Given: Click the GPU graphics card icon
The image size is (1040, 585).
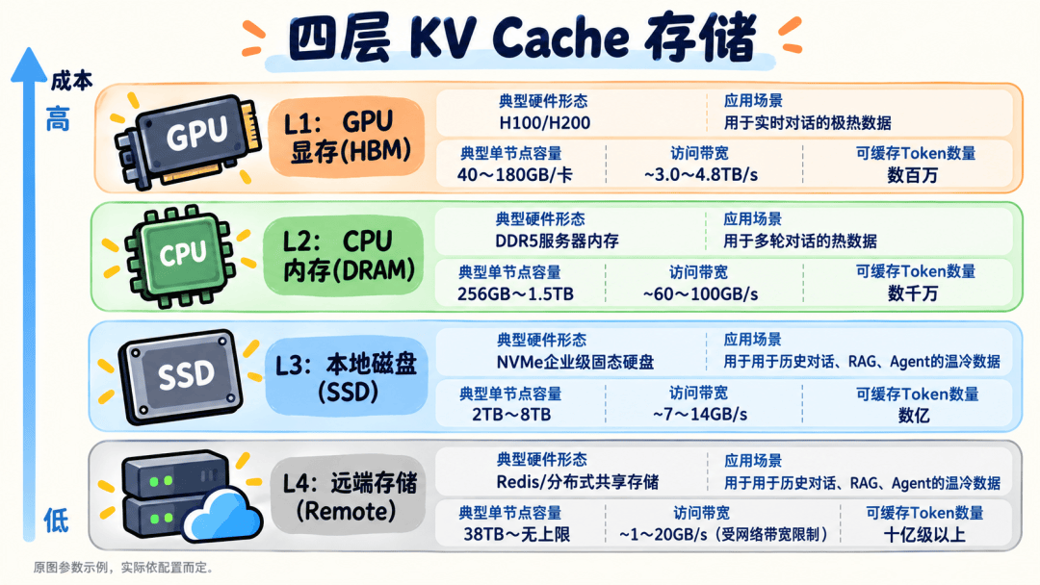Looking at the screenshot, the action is tap(188, 140).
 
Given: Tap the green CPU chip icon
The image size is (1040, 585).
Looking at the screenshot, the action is tap(181, 256).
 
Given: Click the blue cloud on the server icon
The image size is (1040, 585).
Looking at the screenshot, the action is tap(221, 516).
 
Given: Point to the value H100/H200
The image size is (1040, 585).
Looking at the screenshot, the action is tap(544, 122).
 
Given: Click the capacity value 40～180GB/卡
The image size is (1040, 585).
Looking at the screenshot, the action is tap(514, 175).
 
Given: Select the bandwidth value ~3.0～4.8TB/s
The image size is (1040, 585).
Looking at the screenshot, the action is tap(700, 175).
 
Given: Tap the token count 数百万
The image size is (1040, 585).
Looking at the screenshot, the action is tap(913, 175).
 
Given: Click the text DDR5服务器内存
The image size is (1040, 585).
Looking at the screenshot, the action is tap(558, 242).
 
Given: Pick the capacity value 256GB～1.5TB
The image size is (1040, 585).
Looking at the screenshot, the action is tap(515, 294).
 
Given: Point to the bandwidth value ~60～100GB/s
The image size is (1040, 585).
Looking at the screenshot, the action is tap(700, 294).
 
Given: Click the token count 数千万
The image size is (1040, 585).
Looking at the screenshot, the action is tap(913, 293).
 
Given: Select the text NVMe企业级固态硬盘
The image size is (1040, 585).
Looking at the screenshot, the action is tap(575, 363).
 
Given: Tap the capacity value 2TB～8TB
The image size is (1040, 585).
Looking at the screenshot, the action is tap(511, 415).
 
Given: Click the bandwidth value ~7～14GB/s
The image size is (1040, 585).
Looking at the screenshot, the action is tap(700, 415).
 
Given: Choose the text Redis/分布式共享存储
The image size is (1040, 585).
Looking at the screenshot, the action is tap(578, 482).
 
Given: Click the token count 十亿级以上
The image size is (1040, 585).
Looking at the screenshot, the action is tap(924, 535).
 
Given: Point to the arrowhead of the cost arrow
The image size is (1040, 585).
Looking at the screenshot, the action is tap(29, 64).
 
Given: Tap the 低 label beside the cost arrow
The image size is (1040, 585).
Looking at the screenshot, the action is tap(57, 521).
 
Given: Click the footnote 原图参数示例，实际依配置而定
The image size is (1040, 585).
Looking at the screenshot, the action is tap(123, 568).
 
